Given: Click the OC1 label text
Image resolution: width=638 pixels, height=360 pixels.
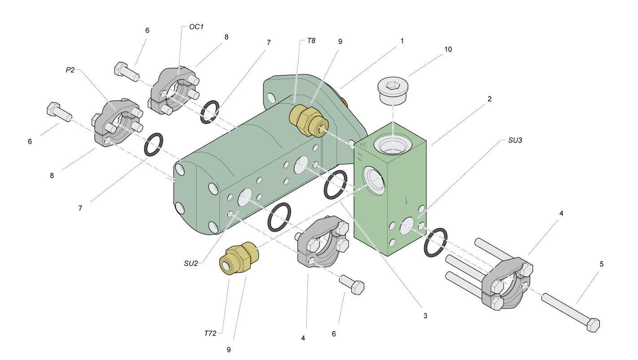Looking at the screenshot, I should click(196, 27).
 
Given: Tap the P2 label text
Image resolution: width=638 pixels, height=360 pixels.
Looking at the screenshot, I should click(70, 70).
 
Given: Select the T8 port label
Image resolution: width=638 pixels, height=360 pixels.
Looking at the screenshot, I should click(311, 40).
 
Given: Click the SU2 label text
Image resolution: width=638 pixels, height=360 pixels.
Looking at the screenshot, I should click(191, 263).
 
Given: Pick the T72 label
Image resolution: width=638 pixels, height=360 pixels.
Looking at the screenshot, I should click(210, 334).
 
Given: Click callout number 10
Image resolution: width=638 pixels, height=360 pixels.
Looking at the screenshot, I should click(448, 49).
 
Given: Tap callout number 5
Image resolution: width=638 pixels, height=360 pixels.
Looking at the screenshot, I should click(601, 264).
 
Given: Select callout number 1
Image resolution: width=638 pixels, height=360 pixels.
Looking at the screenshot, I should click(402, 41).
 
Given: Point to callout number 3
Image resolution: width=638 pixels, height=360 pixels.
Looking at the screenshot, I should click(425, 316).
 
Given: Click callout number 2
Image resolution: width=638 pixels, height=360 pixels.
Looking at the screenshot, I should click(489, 99).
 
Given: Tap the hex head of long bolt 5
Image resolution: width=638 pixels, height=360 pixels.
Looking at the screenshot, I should click(593, 325).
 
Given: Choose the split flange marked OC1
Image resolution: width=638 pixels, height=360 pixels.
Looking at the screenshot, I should click(175, 91).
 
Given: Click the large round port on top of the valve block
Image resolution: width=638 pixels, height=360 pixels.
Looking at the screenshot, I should click(393, 145).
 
